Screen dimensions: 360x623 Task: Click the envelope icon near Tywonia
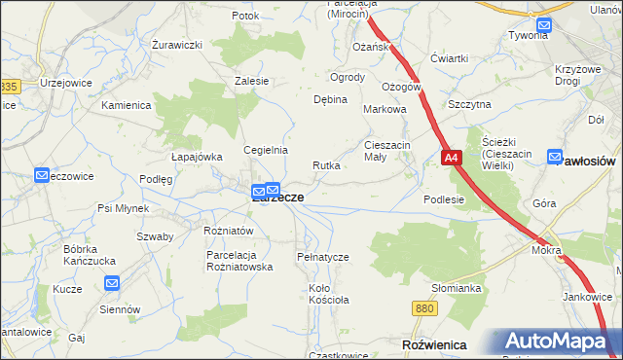click(x=543, y=26)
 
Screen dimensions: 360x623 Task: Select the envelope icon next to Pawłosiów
click(x=555, y=156)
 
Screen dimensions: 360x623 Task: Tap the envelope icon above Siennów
click(x=111, y=284)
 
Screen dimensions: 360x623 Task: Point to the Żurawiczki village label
click(x=177, y=45)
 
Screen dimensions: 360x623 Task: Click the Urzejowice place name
click(x=65, y=83)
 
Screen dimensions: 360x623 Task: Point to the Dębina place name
click(x=330, y=99)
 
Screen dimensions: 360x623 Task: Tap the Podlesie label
click(x=444, y=198)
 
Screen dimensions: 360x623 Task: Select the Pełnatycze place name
click(x=322, y=256)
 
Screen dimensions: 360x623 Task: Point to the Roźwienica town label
click(x=433, y=344)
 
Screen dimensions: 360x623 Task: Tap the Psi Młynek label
click(x=123, y=208)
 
